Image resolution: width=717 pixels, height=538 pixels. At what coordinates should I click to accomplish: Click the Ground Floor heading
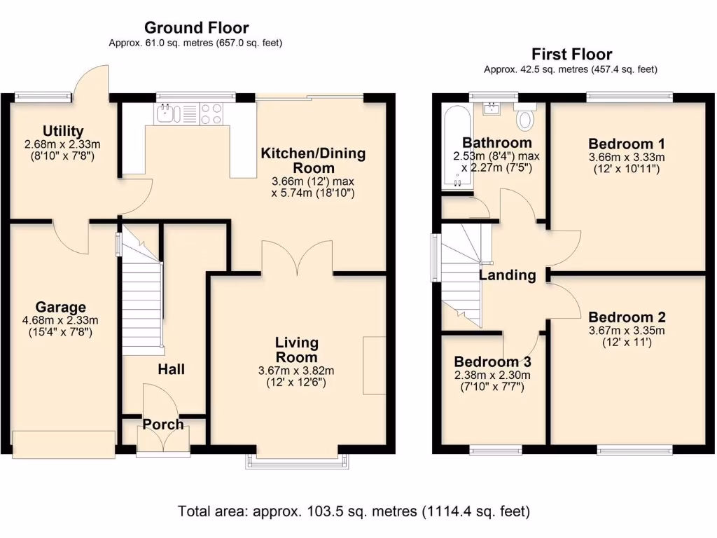click(x=197, y=28)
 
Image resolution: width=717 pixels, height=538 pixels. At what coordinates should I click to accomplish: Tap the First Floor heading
click(x=571, y=55)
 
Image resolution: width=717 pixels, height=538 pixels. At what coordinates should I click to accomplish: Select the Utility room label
click(x=63, y=131)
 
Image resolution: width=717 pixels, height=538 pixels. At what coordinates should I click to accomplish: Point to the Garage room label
click(x=60, y=307)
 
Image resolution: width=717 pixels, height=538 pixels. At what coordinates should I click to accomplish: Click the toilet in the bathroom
click(x=525, y=116)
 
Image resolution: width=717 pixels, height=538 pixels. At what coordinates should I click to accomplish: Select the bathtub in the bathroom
click(x=457, y=147)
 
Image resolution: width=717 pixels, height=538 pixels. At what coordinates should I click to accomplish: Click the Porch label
click(x=163, y=425)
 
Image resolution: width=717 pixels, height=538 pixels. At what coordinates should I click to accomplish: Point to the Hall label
click(x=172, y=369)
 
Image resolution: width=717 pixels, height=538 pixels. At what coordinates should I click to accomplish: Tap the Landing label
click(x=508, y=275)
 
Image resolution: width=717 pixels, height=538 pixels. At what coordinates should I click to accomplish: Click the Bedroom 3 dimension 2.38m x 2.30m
click(x=492, y=375)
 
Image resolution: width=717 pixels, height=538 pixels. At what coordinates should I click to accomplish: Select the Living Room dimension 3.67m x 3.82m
click(x=296, y=371)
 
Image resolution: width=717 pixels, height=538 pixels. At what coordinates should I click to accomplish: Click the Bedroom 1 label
click(x=627, y=144)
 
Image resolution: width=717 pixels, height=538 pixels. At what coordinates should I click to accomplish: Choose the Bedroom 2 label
click(x=627, y=317)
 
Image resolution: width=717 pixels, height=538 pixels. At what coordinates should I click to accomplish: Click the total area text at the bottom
click(x=354, y=511)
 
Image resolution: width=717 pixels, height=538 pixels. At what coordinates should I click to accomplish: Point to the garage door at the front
click(x=64, y=444)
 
